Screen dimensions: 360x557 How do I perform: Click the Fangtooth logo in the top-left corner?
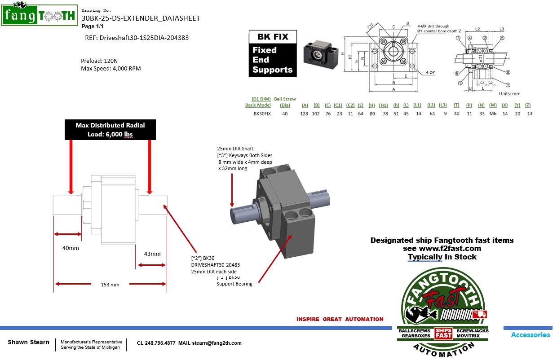point(39,15)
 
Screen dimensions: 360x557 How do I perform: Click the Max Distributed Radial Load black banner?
point(110,130)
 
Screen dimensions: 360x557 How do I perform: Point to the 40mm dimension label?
point(71,248)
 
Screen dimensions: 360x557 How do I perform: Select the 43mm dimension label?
point(152,254)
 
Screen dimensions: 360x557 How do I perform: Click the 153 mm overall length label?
point(110,285)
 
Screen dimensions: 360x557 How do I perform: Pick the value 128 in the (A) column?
point(305,114)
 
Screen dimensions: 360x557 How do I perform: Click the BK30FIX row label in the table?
point(262,114)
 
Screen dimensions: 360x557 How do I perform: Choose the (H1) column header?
point(383,105)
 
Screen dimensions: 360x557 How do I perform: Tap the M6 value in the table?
point(493,114)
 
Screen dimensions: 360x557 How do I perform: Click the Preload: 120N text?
point(99,61)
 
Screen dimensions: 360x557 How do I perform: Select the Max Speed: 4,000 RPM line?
point(111,69)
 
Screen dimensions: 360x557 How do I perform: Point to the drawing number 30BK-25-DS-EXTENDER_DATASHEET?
point(141,18)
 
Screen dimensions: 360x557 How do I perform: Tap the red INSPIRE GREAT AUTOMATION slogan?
point(340,319)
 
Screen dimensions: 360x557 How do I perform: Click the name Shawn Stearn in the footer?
point(28,342)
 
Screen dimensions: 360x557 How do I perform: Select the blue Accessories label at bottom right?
point(530,335)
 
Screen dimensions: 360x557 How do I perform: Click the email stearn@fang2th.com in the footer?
point(217,343)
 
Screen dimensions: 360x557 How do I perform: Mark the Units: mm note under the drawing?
point(509,94)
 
